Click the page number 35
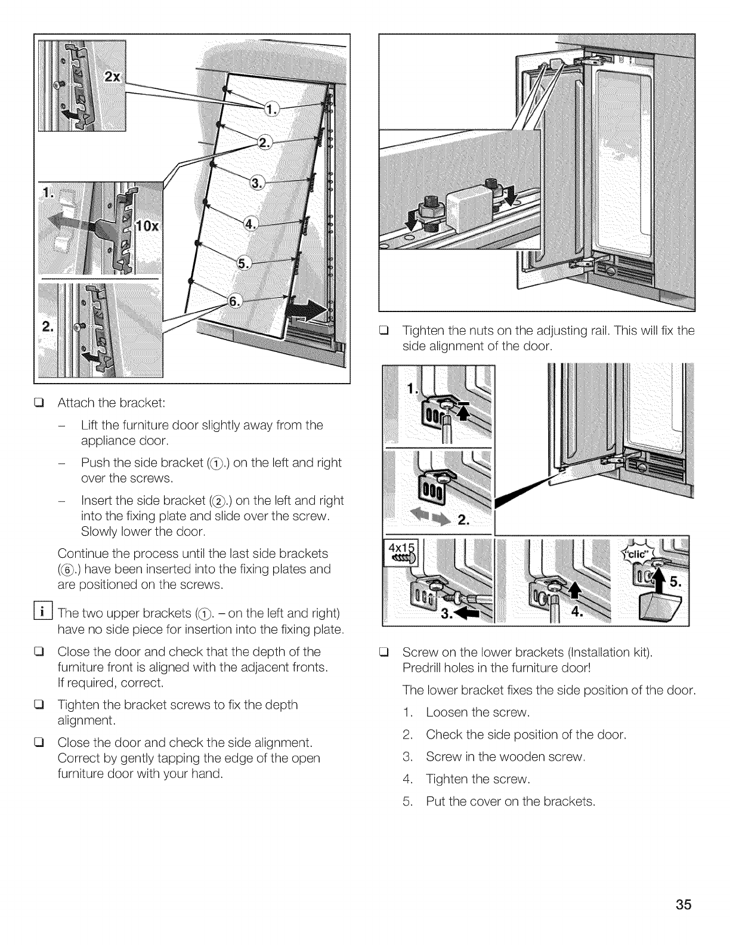pos(684,905)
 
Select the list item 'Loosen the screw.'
pos(478,712)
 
